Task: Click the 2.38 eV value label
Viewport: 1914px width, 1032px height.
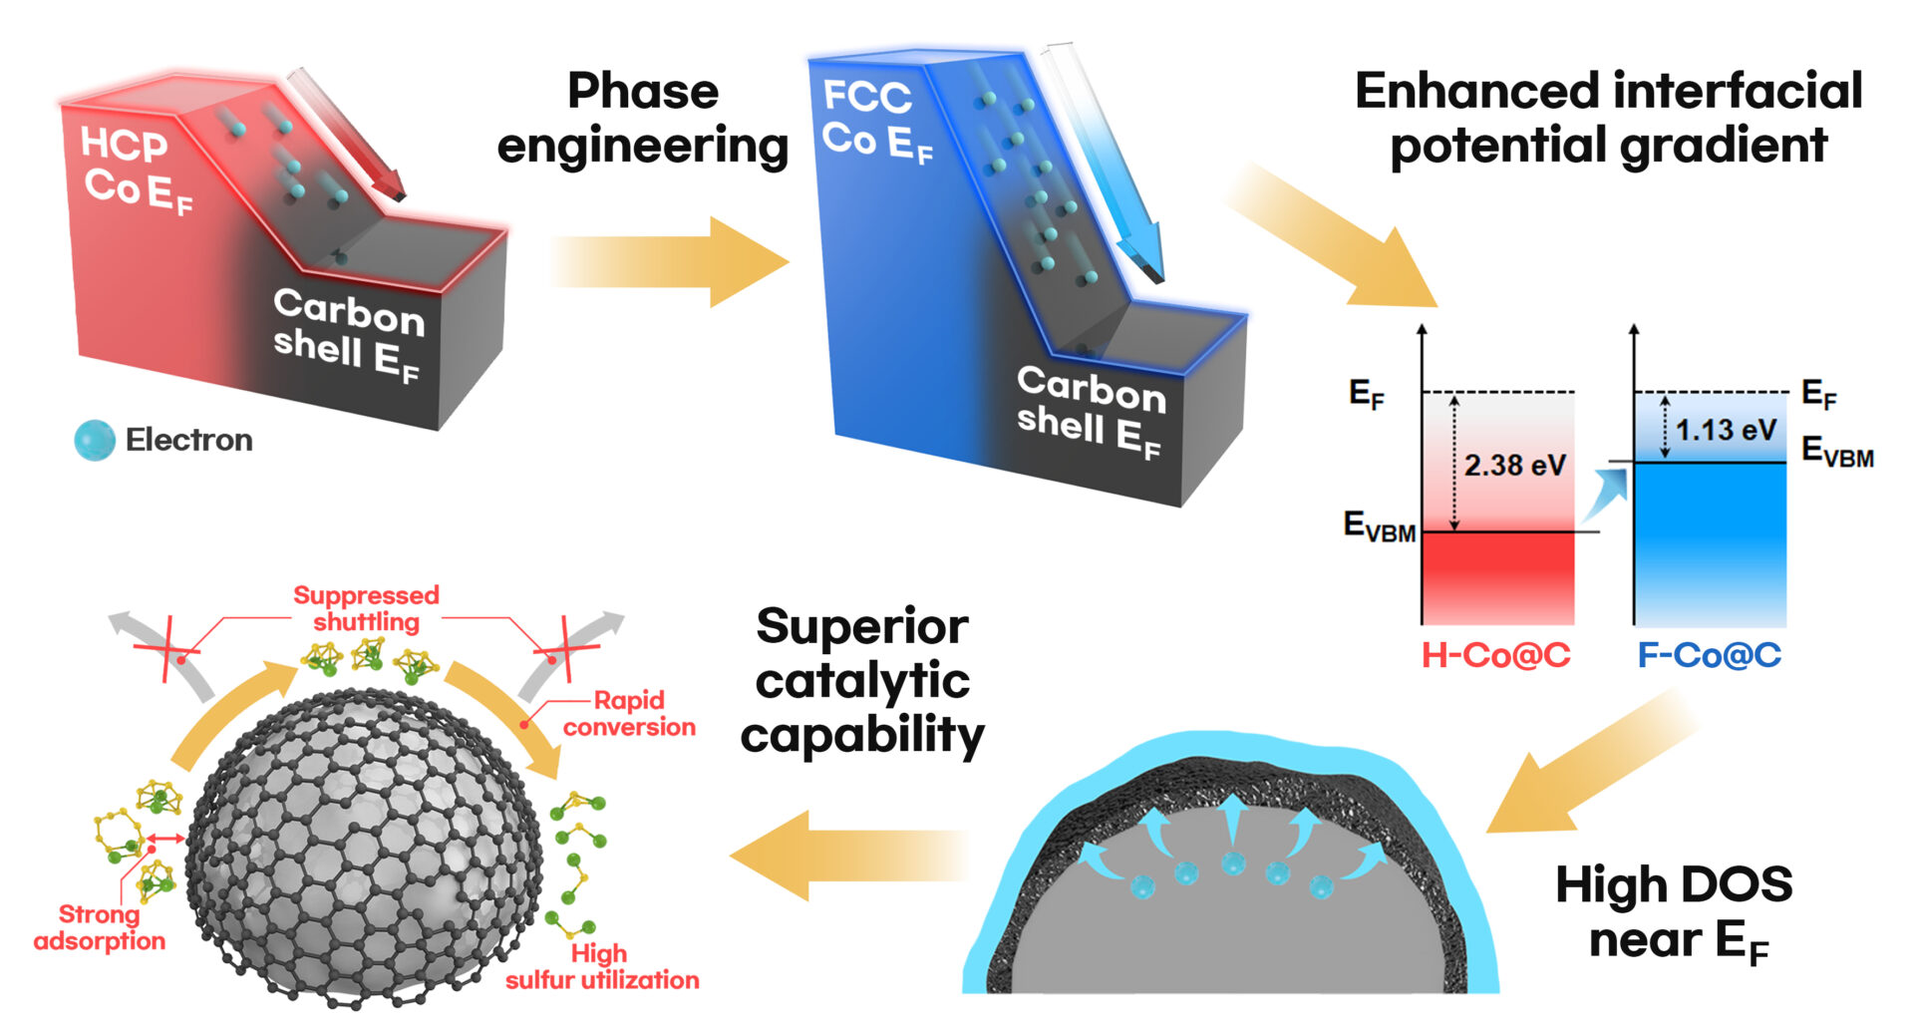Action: (1514, 466)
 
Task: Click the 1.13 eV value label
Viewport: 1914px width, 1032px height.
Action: (1726, 431)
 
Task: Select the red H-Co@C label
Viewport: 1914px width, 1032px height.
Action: (1495, 655)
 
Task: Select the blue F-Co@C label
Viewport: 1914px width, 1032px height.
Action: (1709, 655)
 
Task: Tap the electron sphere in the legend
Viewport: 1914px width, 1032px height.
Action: (95, 441)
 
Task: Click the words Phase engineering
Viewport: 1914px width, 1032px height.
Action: (643, 119)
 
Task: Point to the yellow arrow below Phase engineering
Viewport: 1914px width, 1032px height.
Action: (668, 262)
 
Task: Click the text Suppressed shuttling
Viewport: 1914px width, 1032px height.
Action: (366, 608)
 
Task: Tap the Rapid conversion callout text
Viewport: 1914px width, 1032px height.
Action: (629, 713)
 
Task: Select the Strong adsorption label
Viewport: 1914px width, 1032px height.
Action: (100, 927)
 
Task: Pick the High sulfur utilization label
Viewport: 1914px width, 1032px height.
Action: (602, 966)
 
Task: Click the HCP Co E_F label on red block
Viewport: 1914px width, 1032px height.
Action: (137, 170)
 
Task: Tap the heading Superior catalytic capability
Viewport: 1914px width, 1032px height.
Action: (862, 681)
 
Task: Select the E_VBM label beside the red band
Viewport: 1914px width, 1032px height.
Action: (1379, 525)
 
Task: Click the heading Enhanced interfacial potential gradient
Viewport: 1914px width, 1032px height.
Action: (1608, 118)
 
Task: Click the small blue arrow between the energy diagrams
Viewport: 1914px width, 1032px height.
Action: (1606, 493)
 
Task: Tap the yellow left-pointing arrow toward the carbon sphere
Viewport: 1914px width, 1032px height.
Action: (847, 856)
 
